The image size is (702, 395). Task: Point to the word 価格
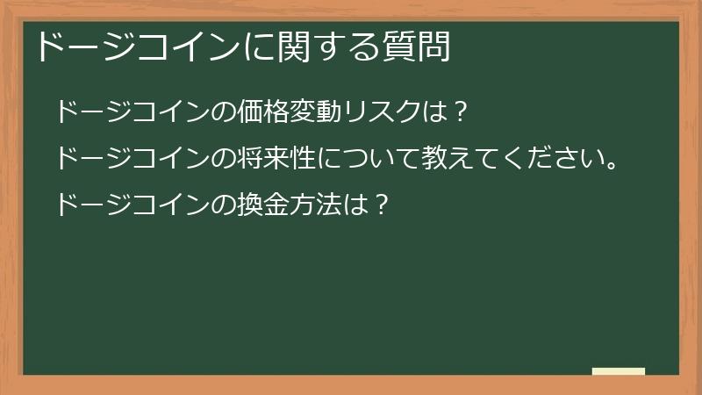click(267, 113)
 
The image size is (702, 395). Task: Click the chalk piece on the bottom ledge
click(619, 372)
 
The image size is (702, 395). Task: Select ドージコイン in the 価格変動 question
click(133, 113)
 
